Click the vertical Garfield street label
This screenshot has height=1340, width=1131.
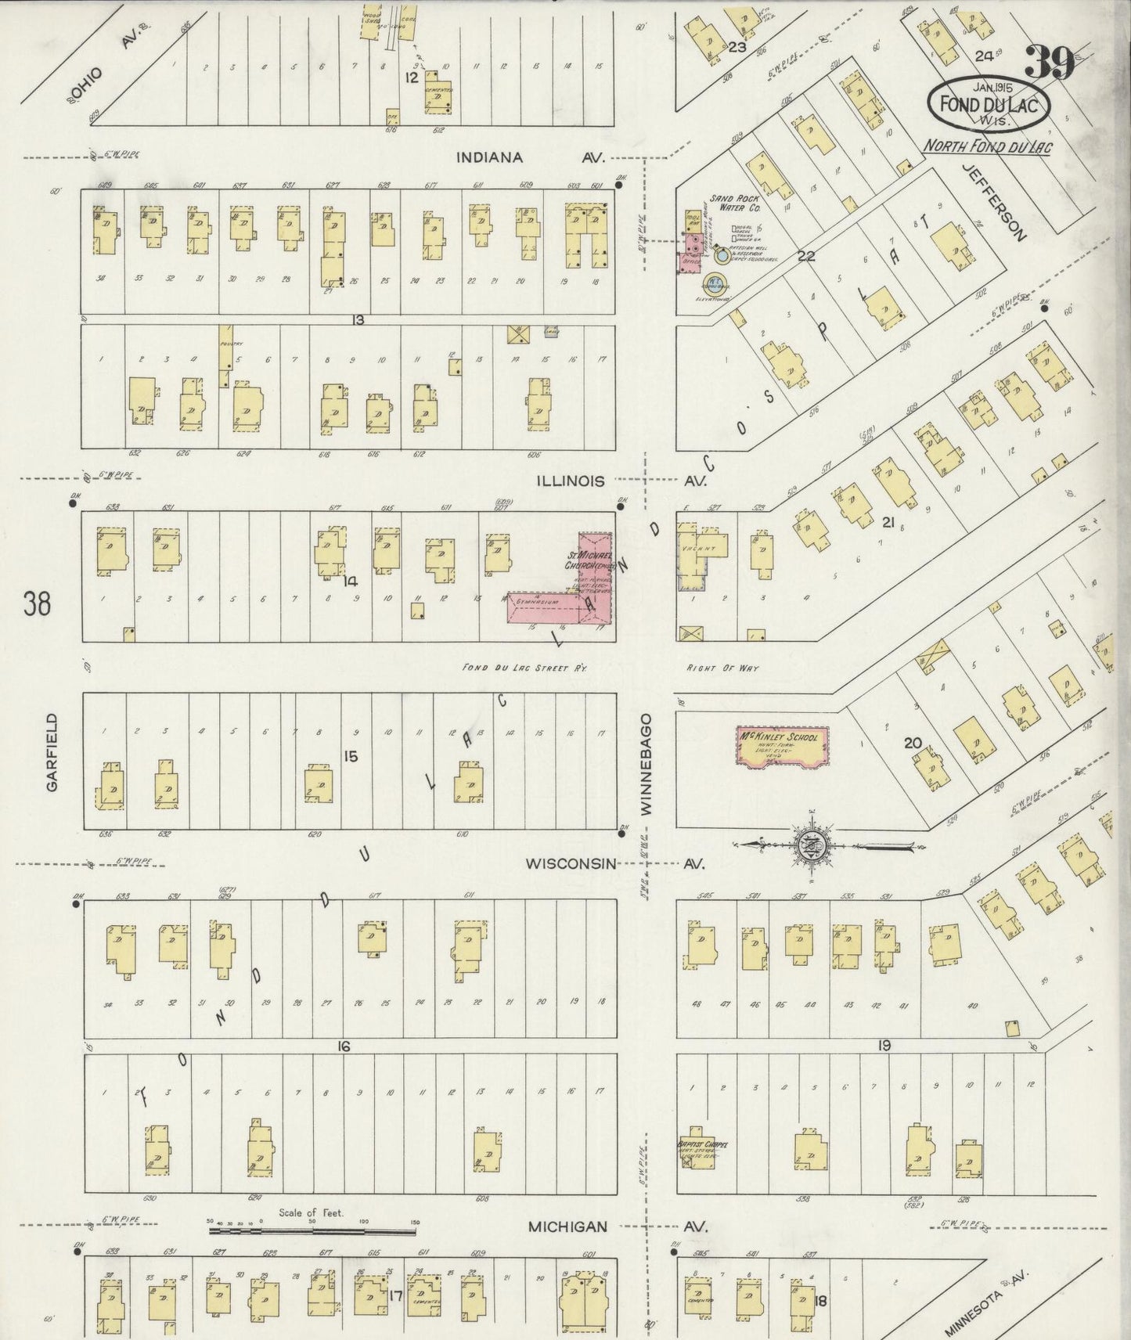[52, 751]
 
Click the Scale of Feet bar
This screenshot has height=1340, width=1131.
[313, 1231]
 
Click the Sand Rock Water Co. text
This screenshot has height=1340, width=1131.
[735, 204]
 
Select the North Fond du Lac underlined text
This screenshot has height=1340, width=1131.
[988, 146]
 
